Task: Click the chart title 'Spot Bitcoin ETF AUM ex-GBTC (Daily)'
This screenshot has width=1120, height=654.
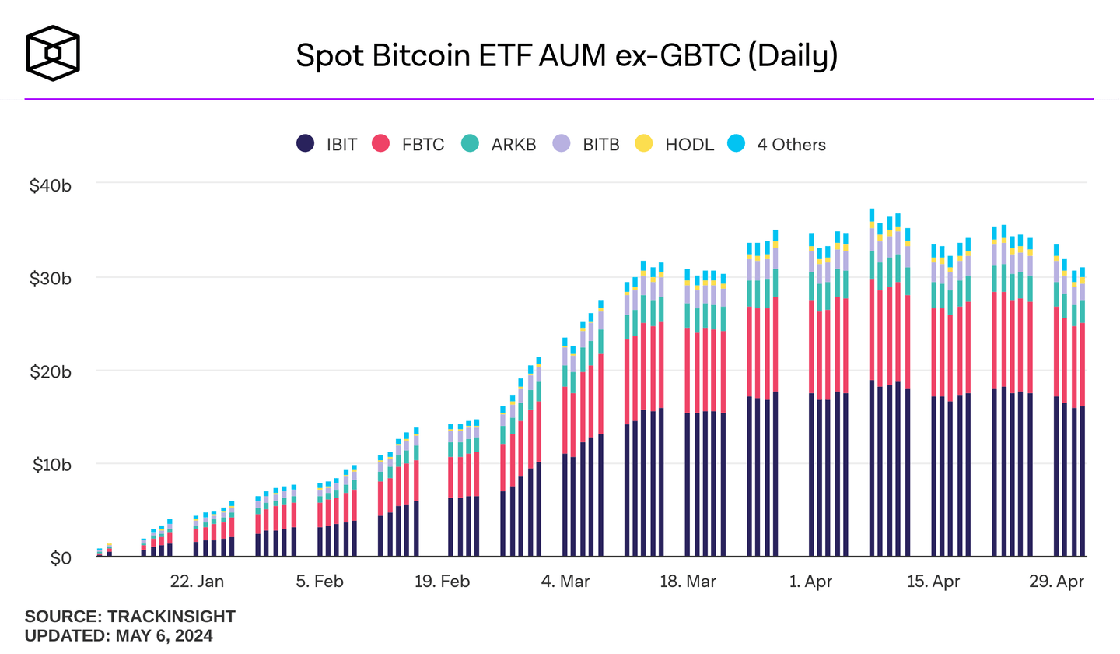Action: tap(566, 56)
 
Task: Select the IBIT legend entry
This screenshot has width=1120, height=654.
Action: tap(327, 144)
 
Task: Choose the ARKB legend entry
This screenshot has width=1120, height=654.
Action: tap(499, 144)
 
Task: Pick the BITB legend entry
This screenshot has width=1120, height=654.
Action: tap(586, 144)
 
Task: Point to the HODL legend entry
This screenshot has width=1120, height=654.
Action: tap(674, 144)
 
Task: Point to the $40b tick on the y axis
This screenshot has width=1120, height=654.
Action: tap(51, 186)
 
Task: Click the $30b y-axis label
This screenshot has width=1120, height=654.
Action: tap(51, 279)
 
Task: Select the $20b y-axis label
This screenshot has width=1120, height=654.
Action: tap(51, 372)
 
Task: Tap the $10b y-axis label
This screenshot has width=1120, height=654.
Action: tap(51, 465)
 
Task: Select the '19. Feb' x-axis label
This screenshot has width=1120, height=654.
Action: tap(442, 582)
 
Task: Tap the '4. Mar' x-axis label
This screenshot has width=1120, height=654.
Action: tap(565, 582)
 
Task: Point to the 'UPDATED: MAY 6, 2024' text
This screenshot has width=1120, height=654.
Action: tap(118, 635)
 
